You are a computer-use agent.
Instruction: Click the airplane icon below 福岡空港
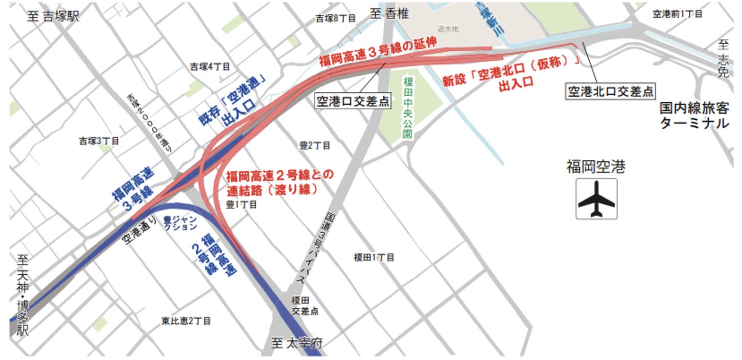click(x=596, y=199)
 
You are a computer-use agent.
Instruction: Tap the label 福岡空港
click(x=596, y=167)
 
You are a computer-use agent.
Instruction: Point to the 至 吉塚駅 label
click(x=53, y=16)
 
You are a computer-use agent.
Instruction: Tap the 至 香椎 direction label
click(x=390, y=14)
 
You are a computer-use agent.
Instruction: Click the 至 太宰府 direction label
click(x=297, y=344)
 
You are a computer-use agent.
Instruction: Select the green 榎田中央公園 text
click(x=407, y=108)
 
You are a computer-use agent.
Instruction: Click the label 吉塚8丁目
click(x=335, y=18)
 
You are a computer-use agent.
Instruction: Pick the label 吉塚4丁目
click(x=210, y=67)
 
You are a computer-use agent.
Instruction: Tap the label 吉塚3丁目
click(x=99, y=141)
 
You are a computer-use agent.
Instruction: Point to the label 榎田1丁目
click(x=374, y=257)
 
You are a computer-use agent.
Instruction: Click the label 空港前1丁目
click(x=678, y=14)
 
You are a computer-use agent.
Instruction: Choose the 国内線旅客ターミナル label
click(x=693, y=116)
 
